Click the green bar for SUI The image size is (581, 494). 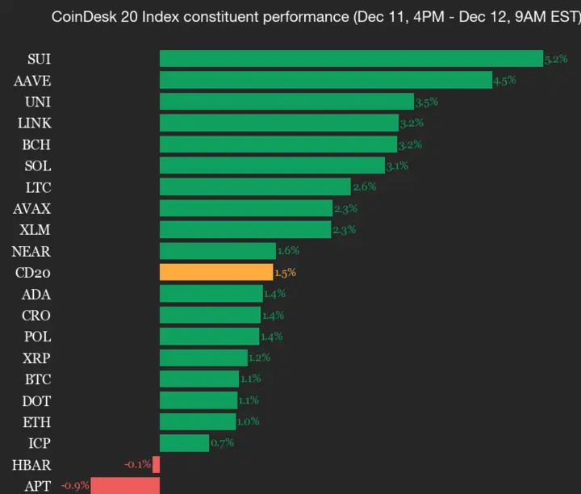(x=351, y=59)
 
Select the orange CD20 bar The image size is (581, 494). (x=216, y=272)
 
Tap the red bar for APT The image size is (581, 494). (x=125, y=485)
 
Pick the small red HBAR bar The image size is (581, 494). (x=157, y=464)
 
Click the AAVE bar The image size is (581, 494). (x=326, y=80)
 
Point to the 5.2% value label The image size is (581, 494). (x=556, y=59)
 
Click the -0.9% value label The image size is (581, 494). (x=76, y=485)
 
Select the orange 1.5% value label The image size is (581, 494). (x=285, y=272)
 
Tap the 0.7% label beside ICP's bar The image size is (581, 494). (x=221, y=442)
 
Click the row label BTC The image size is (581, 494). (x=38, y=379)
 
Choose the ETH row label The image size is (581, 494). (x=38, y=421)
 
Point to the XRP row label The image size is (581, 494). (x=38, y=358)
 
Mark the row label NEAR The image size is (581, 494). (x=31, y=251)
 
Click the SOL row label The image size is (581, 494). (x=38, y=165)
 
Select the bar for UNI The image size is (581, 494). (x=286, y=102)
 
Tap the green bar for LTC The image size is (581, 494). (x=255, y=186)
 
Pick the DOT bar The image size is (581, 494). (x=199, y=400)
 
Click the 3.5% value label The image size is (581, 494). (x=426, y=102)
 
